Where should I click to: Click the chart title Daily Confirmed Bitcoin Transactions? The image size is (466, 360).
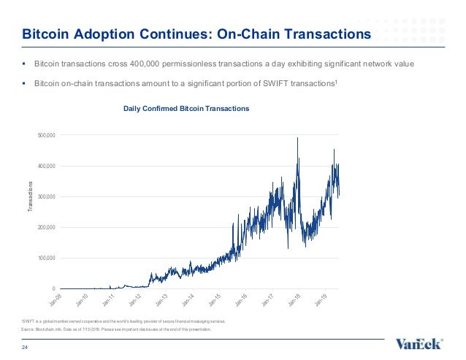[x=186, y=108]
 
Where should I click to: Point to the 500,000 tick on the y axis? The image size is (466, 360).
[x=45, y=136]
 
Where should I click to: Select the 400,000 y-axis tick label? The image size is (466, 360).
[x=45, y=166]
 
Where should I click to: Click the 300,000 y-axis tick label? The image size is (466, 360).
[x=45, y=197]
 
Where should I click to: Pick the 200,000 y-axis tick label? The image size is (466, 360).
[x=45, y=228]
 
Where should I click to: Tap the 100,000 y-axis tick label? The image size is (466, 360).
[x=45, y=258]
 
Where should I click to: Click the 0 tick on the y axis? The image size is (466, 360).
[x=53, y=289]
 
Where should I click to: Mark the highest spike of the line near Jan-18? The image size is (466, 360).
[x=297, y=138]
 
